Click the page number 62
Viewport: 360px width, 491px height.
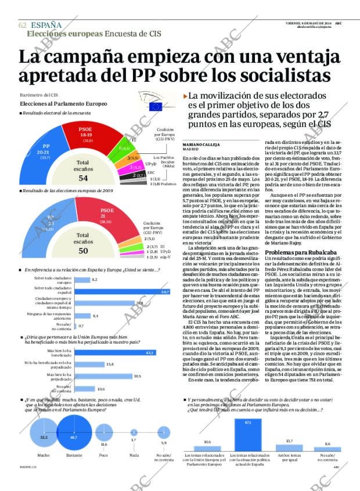(x=22, y=25)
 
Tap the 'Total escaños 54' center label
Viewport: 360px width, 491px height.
(x=83, y=171)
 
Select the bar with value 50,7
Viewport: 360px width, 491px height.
(x=121, y=291)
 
